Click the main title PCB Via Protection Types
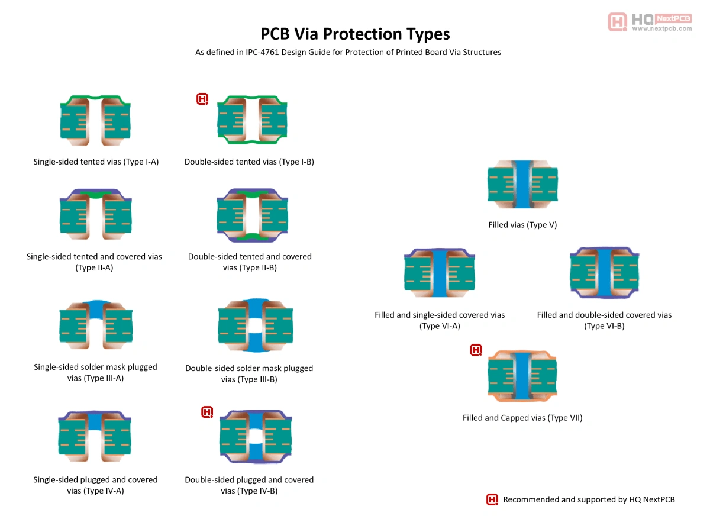pyautogui.click(x=355, y=33)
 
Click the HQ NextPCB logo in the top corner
pyautogui.click(x=650, y=22)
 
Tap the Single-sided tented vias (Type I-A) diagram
pyautogui.click(x=95, y=121)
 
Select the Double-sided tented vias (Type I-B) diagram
pyautogui.click(x=253, y=121)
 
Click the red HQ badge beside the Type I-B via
pyautogui.click(x=202, y=99)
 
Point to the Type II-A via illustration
pyautogui.click(x=95, y=214)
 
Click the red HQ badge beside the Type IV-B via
pyautogui.click(x=207, y=412)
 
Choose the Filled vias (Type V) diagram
pyautogui.click(x=522, y=183)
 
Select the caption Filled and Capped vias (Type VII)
pyautogui.click(x=522, y=418)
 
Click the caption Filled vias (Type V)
pyautogui.click(x=522, y=225)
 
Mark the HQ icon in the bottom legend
pyautogui.click(x=492, y=499)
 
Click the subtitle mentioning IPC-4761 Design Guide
pyautogui.click(x=348, y=52)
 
